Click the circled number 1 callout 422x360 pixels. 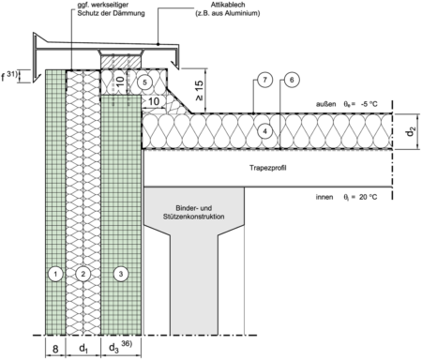click(55, 274)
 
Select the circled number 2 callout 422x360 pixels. click(83, 274)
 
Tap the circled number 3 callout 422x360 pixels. click(121, 274)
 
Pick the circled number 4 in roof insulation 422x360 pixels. click(265, 131)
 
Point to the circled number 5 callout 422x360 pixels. click(144, 82)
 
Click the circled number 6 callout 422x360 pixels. click(292, 80)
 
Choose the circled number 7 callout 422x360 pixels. click(265, 80)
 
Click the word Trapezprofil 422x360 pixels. click(268, 168)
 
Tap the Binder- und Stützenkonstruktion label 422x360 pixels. click(193, 212)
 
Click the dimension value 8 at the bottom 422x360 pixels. click(55, 349)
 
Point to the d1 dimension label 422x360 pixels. click(83, 349)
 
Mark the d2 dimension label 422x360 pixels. click(411, 132)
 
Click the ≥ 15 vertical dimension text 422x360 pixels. click(200, 91)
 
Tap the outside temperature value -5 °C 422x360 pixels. click(369, 104)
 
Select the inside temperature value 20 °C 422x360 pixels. click(368, 197)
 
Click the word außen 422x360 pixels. click(325, 104)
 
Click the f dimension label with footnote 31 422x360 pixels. click(9, 76)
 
